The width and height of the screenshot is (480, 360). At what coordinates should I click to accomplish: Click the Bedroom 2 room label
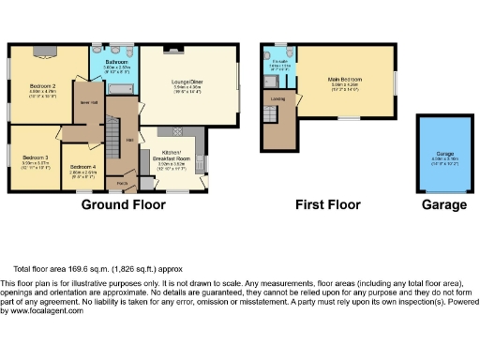tap(42, 87)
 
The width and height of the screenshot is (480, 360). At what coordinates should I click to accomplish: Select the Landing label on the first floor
tap(278, 98)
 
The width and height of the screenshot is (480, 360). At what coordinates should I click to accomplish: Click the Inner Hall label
tap(89, 103)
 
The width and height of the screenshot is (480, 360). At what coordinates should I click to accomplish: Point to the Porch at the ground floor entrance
tap(122, 183)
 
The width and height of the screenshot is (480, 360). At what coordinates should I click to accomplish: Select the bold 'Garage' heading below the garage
tap(443, 204)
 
